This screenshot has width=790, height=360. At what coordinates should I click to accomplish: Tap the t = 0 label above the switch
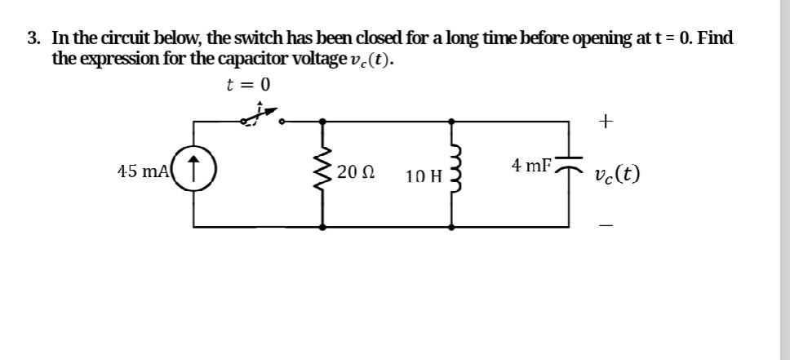coord(248,85)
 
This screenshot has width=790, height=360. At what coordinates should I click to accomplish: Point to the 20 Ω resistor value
coord(357,173)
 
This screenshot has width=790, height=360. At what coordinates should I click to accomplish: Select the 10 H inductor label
coord(423,175)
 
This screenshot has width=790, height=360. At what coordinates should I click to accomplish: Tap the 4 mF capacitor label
coord(531,165)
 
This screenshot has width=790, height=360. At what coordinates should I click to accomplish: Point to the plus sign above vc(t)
coord(605,122)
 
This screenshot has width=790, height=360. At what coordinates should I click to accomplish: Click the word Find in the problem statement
coord(716,38)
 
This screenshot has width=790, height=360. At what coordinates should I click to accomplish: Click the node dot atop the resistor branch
coord(324,121)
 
